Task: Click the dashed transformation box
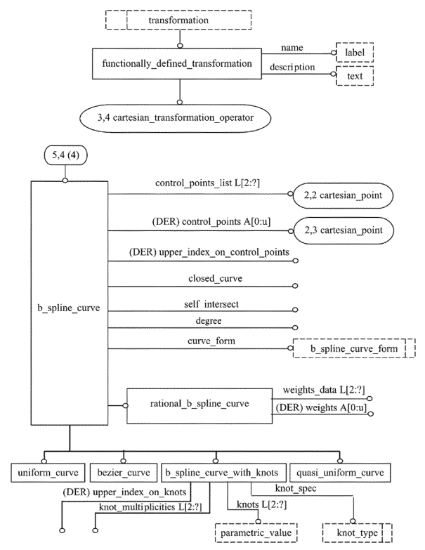coord(178,20)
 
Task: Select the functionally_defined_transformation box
coord(177,63)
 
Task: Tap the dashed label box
coord(355,53)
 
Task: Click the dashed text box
coord(355,76)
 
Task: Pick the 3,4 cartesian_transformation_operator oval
coord(176,118)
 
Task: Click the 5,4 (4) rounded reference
coord(65,155)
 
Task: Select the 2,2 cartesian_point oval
coord(343,195)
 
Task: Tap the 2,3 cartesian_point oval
coord(344,230)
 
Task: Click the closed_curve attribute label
coord(215,278)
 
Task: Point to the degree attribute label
coord(209,320)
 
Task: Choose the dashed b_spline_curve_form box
coord(354,348)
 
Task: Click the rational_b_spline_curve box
coord(200,405)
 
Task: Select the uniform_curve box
coord(48,473)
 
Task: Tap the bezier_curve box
coord(124,473)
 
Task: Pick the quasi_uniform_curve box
coord(340,473)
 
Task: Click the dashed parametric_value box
coord(256,533)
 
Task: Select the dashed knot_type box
coord(358,533)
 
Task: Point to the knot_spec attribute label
coord(296,488)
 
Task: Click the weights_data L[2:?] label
coord(324,390)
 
